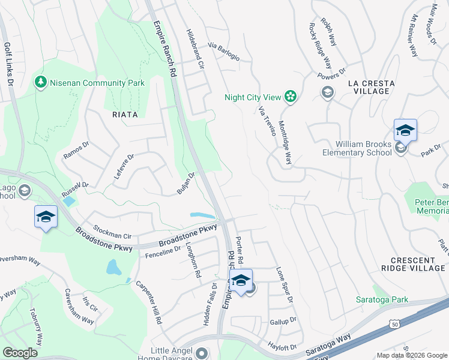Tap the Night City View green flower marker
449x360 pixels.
pos(291,97)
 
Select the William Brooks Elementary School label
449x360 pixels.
pos(363,148)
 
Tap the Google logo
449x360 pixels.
pos(20,352)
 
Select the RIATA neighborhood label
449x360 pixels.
pos(124,114)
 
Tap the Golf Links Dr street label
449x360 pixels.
pos(8,63)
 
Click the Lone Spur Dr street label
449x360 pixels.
pos(285,284)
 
